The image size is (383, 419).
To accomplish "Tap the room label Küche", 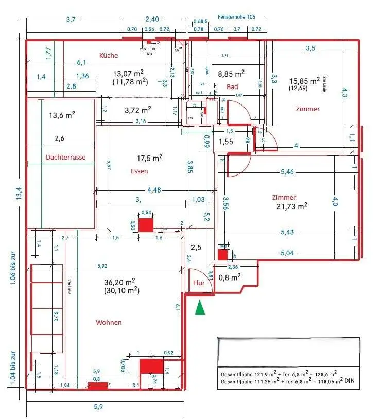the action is [109, 55].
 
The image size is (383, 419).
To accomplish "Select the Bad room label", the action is [233, 86].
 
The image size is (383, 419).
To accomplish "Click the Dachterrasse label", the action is [65, 157].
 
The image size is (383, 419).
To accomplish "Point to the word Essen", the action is [140, 171].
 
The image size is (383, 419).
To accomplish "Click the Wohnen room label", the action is [109, 322].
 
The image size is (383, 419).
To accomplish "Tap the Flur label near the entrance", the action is [199, 283].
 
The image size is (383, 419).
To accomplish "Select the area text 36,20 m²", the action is [119, 282].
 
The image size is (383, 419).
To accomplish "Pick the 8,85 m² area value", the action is [231, 74].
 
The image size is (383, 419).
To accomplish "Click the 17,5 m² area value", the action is [150, 158].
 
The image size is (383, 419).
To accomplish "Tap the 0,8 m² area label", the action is [230, 277].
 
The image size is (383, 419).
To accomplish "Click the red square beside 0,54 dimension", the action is [146, 224].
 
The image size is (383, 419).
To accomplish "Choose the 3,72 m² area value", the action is [137, 110].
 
